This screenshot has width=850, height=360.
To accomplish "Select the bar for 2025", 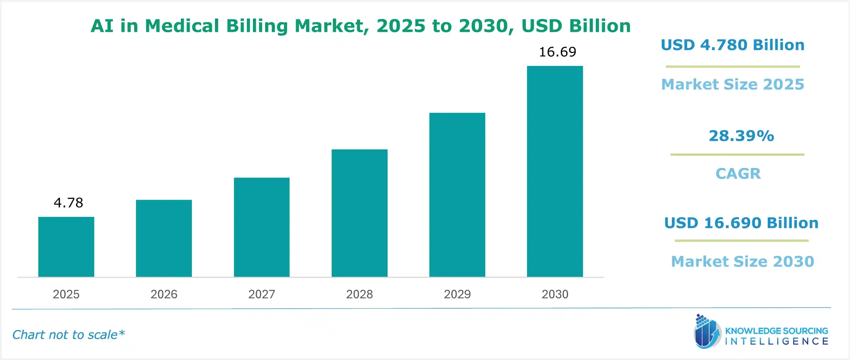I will [x=66, y=247].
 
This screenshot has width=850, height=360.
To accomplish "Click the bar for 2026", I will [x=164, y=238].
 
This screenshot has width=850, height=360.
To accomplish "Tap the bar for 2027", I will [x=261, y=227].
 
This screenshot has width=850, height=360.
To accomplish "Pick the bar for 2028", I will [x=359, y=213].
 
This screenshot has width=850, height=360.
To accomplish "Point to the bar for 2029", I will [x=457, y=195].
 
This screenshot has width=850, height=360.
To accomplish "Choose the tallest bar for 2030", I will [x=555, y=171].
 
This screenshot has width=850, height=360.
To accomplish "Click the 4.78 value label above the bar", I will [x=68, y=203].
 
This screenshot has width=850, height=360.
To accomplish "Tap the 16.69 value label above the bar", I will [x=558, y=52].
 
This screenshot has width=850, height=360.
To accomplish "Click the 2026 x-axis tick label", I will [x=164, y=294].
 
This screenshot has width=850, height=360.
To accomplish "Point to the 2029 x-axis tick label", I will [x=457, y=294].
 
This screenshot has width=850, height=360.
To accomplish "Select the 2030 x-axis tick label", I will [x=555, y=294].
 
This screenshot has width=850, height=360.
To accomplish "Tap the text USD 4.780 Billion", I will [x=733, y=45].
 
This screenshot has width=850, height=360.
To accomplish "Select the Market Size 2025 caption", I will [x=733, y=84].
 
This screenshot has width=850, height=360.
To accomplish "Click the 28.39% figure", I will [x=741, y=136].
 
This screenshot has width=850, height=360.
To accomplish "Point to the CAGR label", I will [x=738, y=174].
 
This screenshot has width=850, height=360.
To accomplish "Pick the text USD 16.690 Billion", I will [x=741, y=223].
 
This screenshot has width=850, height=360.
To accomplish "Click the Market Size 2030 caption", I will [x=743, y=261].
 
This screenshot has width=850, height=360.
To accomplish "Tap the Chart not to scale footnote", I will [x=68, y=335].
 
